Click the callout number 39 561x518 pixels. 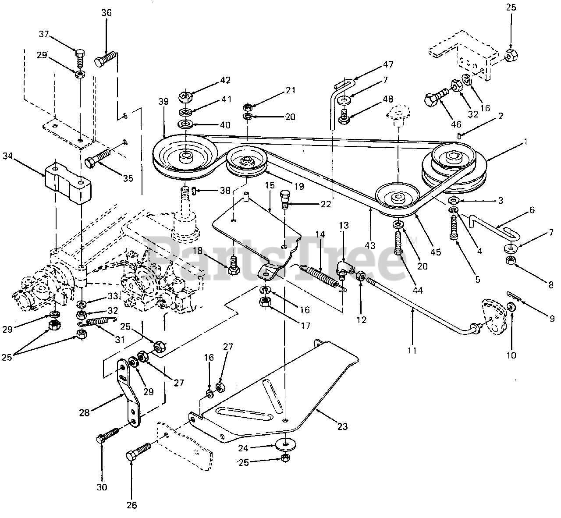163,102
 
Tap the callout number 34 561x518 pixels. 7,156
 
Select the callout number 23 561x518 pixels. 342,426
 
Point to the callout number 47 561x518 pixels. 388,64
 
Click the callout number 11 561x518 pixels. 412,351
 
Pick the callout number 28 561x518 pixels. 84,413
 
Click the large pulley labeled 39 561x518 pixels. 185,157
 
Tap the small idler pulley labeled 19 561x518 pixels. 246,165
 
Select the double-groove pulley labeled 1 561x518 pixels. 454,167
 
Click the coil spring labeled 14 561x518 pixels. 321,277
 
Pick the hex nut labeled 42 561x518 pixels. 185,96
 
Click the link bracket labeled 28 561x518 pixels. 128,393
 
